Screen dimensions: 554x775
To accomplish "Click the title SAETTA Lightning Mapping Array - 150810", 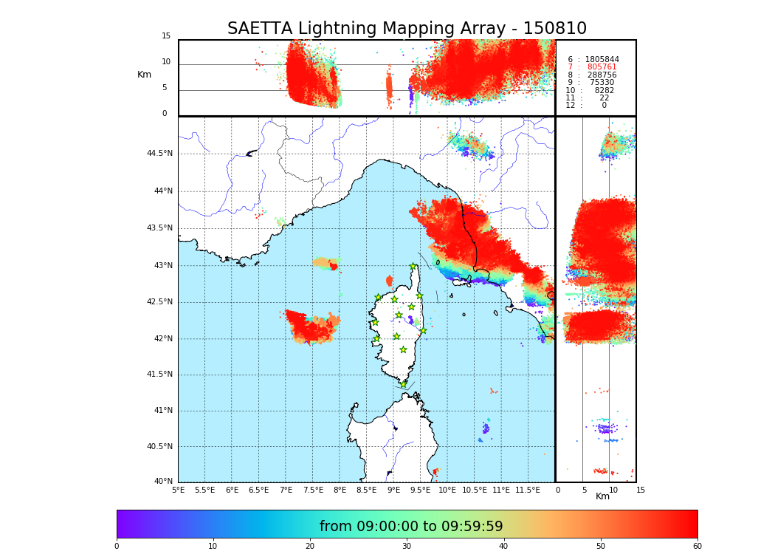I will coord(407,29).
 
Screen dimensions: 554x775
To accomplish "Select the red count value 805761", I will coord(602,67).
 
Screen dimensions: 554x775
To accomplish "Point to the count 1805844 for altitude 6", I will coord(602,59).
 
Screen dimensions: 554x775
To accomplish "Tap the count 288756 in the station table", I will coord(602,75).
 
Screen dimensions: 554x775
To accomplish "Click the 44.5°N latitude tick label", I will coord(159,154).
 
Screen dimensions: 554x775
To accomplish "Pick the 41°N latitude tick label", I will coord(162,411).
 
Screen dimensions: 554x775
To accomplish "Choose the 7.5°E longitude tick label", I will coord(313,490).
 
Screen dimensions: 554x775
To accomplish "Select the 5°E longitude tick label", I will coord(179,490).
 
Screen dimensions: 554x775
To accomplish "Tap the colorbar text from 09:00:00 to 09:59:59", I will coord(411,527).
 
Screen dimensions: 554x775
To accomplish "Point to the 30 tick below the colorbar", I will coord(407,546).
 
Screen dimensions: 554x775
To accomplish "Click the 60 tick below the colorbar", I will coord(697,546).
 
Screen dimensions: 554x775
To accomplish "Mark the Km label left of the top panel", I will coord(144,75).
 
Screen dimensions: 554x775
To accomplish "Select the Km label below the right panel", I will coord(603,496).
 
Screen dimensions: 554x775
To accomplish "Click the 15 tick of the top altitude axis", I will coord(166,36).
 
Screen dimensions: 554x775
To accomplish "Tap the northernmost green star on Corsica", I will coord(413,267).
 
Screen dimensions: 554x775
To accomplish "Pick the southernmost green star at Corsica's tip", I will coord(403,384).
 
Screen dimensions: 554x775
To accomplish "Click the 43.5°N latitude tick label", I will coord(159,228).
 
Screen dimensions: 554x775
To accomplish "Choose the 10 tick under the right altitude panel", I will coord(610,490).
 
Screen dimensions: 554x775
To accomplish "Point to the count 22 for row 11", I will coord(604,98).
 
